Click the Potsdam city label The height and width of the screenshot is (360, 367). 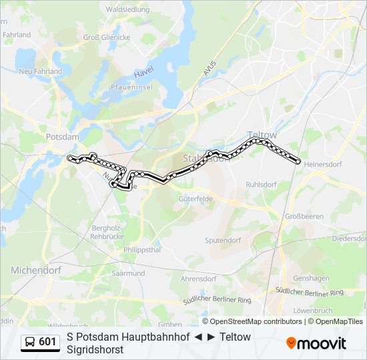pyautogui.click(x=63, y=137)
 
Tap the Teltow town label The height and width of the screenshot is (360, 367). pyautogui.click(x=262, y=134)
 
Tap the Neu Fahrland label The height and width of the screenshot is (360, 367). pyautogui.click(x=41, y=71)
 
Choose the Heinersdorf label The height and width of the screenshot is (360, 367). pyautogui.click(x=322, y=163)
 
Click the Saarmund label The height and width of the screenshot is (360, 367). pyautogui.click(x=129, y=273)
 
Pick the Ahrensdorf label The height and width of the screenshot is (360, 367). pyautogui.click(x=200, y=278)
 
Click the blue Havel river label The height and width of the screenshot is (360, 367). pyautogui.click(x=144, y=73)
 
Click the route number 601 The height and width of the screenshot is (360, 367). pyautogui.click(x=48, y=343)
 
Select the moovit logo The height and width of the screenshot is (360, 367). pyautogui.click(x=316, y=343)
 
